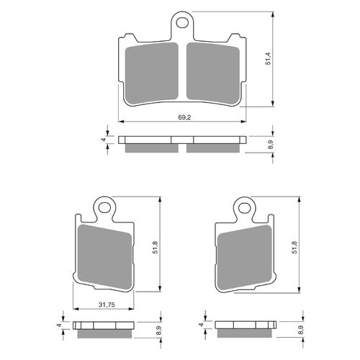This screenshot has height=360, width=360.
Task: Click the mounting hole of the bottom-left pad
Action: pyautogui.click(x=106, y=210)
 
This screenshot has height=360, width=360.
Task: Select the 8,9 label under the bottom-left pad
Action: pyautogui.click(x=157, y=332)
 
